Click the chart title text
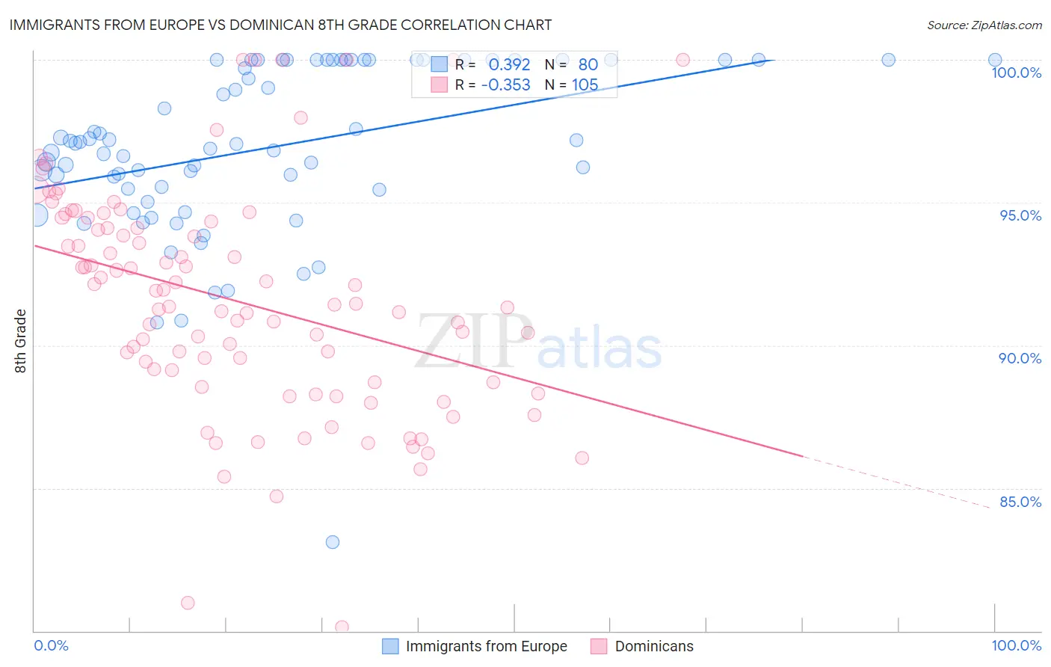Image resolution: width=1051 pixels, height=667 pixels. (x=280, y=25)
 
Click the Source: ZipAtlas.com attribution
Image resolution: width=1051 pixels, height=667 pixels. (x=984, y=25)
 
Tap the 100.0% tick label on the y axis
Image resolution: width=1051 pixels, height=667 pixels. (x=1016, y=73)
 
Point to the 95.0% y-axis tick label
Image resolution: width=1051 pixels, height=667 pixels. (x=1020, y=215)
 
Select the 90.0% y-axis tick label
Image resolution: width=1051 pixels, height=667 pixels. (x=1020, y=358)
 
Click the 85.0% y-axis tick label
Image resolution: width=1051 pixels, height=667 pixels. (x=1020, y=502)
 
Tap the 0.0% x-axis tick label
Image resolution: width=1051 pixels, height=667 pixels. (x=51, y=645)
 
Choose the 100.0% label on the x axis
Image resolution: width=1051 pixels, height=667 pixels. (x=1016, y=645)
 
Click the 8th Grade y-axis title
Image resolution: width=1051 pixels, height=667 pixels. (x=21, y=341)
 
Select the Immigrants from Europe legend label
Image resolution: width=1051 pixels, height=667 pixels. (x=486, y=646)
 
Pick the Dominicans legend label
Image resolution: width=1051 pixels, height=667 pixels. (x=654, y=646)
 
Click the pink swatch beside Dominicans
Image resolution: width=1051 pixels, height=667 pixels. (x=599, y=646)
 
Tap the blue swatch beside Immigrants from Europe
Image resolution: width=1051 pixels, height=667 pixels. (x=390, y=646)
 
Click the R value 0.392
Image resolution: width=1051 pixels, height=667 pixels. (x=509, y=65)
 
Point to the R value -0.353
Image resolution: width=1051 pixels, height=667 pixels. (x=505, y=85)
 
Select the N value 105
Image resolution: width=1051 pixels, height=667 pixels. (x=585, y=85)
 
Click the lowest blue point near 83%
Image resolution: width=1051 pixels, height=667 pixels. (x=333, y=542)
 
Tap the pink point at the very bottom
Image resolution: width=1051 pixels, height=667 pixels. (x=342, y=627)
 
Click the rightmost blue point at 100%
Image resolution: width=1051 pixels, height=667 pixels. (x=995, y=60)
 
